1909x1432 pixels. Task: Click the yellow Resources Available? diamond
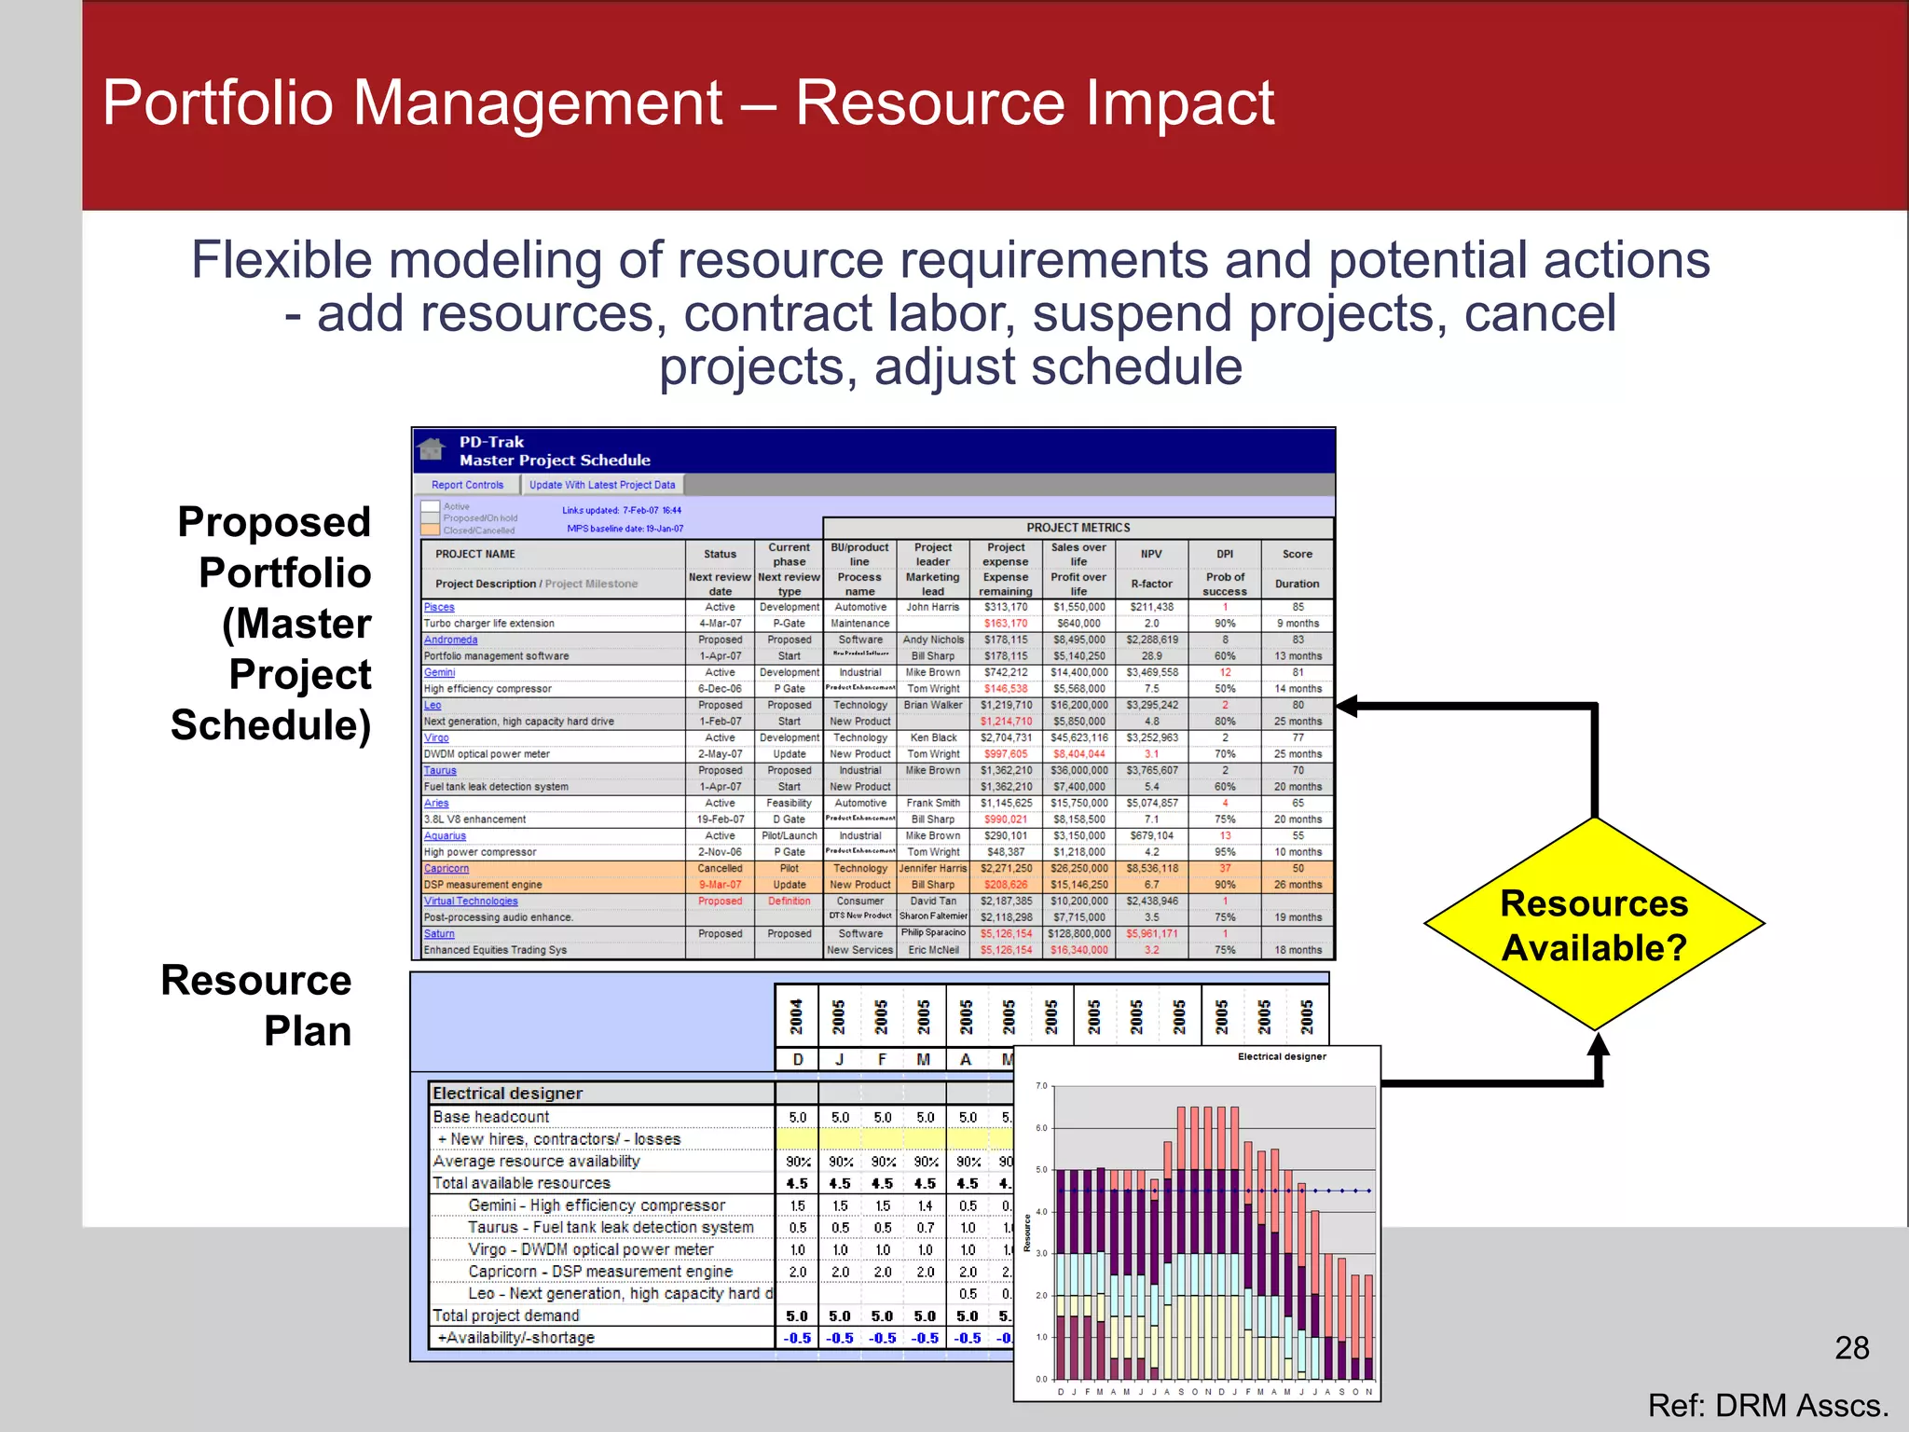pos(1594,924)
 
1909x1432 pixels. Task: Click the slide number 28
pos(1851,1348)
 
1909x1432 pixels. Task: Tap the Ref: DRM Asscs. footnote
pos(1767,1405)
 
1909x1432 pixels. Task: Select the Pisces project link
pos(439,607)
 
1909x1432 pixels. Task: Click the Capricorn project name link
pos(446,868)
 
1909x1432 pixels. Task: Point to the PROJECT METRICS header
pos(1078,528)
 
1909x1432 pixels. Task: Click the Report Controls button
pos(467,485)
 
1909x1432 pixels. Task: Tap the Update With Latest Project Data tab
pos(602,485)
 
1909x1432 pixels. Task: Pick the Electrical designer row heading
pos(508,1093)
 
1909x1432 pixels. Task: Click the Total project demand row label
pos(506,1315)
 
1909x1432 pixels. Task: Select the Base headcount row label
pos(491,1117)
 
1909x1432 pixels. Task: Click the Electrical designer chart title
pos(1281,1056)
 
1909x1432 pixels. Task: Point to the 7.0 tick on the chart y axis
pos(1041,1086)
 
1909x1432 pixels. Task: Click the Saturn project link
pos(439,933)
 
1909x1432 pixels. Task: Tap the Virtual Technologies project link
pos(471,901)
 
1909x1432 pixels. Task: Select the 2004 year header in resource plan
pos(797,1016)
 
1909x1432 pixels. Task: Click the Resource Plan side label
pos(257,1005)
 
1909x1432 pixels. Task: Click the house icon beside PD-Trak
pos(431,449)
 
